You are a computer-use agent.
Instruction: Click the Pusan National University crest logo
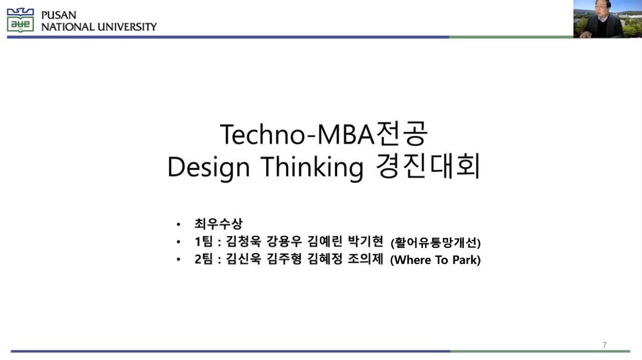pyautogui.click(x=20, y=20)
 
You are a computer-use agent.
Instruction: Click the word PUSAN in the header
pyautogui.click(x=58, y=15)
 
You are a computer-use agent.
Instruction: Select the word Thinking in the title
pyautogui.click(x=312, y=168)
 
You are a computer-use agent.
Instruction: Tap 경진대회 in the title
pyautogui.click(x=427, y=167)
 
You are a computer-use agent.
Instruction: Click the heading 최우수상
pyautogui.click(x=218, y=224)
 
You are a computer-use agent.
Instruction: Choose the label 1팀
pyautogui.click(x=204, y=242)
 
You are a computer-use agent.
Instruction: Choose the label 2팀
pyautogui.click(x=204, y=259)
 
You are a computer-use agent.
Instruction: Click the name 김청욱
pyautogui.click(x=243, y=242)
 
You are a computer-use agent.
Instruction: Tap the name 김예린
pyautogui.click(x=324, y=242)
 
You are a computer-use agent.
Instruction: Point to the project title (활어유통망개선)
pyautogui.click(x=435, y=243)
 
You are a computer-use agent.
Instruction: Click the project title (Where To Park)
pyautogui.click(x=435, y=260)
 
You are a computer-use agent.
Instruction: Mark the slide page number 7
pyautogui.click(x=604, y=345)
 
